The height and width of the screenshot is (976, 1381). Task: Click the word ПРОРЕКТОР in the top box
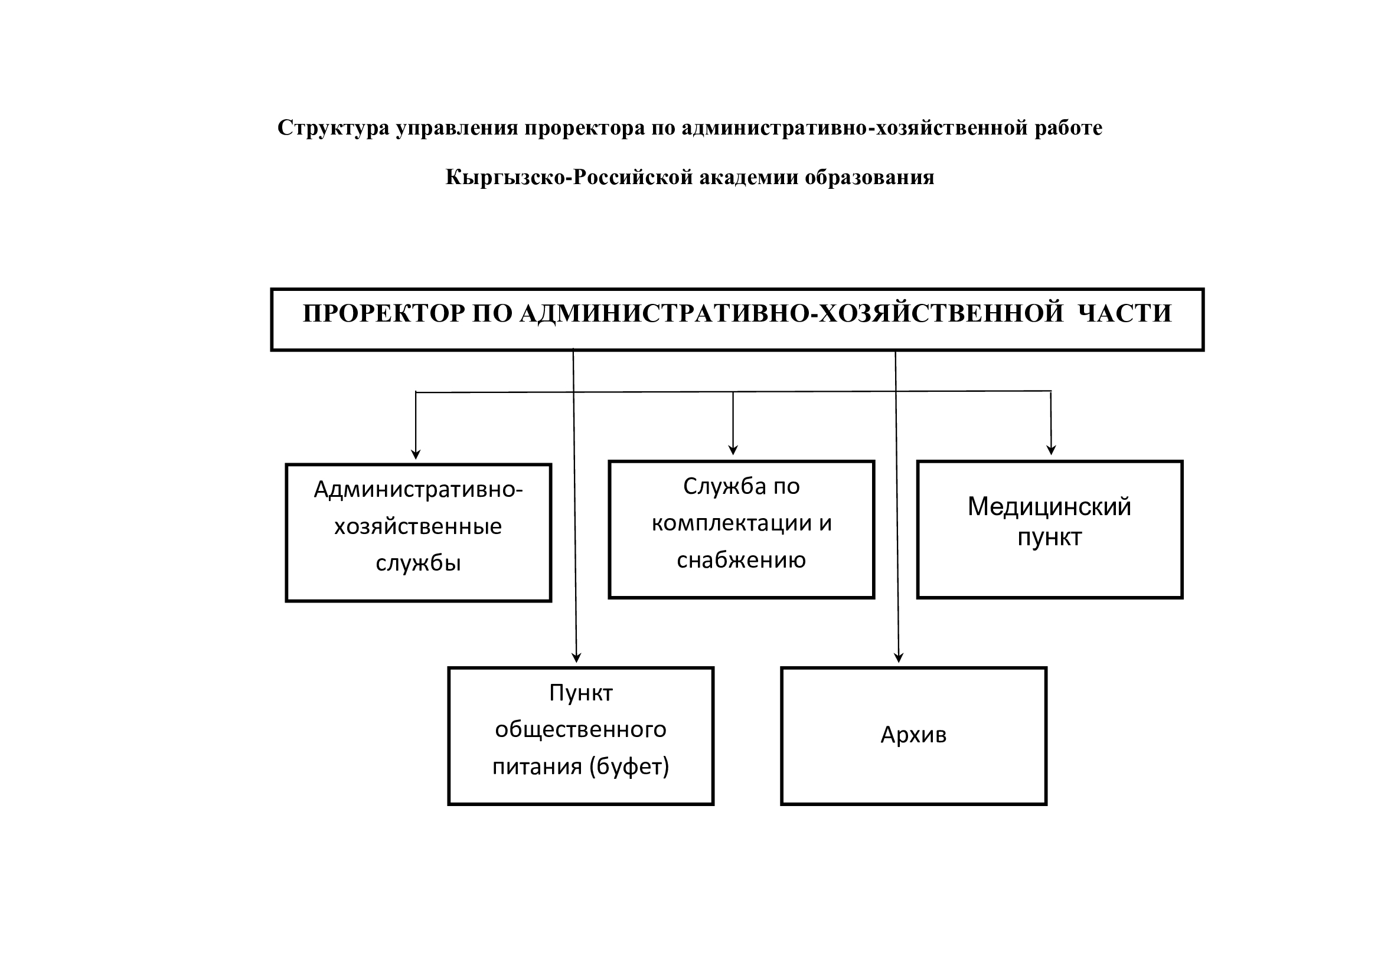(384, 314)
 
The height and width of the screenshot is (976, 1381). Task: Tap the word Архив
(913, 735)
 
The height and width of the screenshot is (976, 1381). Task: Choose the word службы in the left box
(418, 563)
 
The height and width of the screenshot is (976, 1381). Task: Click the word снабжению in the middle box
(741, 560)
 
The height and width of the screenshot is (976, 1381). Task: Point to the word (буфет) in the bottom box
(629, 767)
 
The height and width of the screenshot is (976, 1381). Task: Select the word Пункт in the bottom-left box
(580, 693)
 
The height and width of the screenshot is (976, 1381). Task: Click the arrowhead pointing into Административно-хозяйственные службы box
(416, 455)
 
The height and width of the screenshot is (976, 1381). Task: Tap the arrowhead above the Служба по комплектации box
(733, 451)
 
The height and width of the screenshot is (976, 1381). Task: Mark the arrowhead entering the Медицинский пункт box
(1052, 450)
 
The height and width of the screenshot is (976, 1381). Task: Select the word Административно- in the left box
(418, 490)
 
